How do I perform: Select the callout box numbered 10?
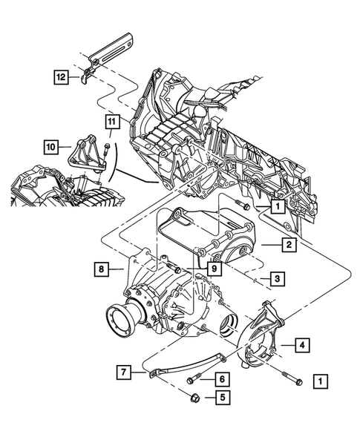50,148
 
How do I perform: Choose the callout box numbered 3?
275,279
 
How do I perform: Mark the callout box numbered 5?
221,398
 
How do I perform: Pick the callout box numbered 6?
221,379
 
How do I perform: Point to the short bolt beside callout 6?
194,379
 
